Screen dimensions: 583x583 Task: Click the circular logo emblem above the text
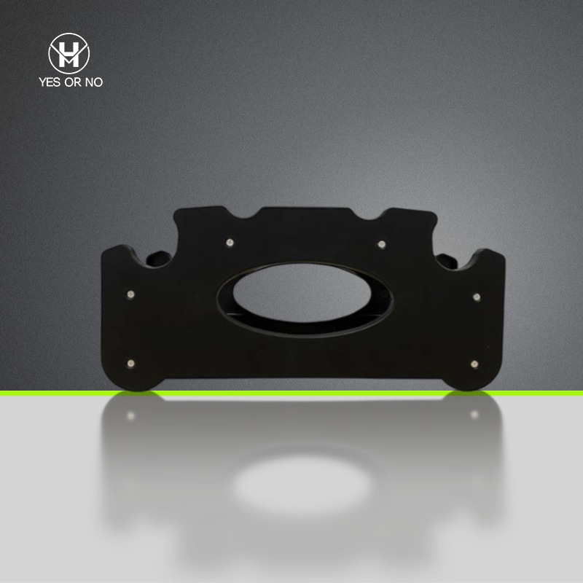pyautogui.click(x=69, y=53)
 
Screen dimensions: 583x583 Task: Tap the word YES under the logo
pyautogui.click(x=50, y=82)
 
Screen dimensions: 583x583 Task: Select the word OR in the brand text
pyautogui.click(x=72, y=82)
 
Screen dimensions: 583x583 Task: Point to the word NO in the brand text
pyautogui.click(x=94, y=82)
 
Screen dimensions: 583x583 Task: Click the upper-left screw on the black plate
pyautogui.click(x=230, y=243)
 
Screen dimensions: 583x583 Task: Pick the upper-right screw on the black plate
pyautogui.click(x=381, y=244)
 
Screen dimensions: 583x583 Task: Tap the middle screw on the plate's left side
pyautogui.click(x=130, y=294)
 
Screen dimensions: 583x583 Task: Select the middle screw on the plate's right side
pyautogui.click(x=477, y=297)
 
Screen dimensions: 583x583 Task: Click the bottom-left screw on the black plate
pyautogui.click(x=130, y=363)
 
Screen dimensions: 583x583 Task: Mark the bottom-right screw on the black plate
pyautogui.click(x=474, y=364)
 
